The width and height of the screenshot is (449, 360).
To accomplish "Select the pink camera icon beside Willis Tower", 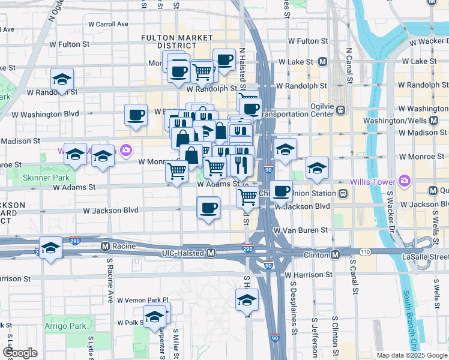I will (x=405, y=181).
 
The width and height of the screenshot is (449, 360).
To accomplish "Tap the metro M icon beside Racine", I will (x=105, y=246).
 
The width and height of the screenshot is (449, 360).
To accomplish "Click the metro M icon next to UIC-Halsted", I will (x=211, y=254).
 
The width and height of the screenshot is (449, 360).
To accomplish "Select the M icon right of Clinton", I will (x=335, y=255).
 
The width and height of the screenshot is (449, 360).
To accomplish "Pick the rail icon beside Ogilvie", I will (x=340, y=110).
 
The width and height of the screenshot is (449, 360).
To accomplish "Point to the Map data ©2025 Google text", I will (x=411, y=355).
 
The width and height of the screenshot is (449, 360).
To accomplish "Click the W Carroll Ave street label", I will (x=108, y=25).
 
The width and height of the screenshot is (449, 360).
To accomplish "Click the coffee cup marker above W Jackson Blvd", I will (x=208, y=208).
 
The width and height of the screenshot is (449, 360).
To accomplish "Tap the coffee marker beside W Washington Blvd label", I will (x=136, y=114).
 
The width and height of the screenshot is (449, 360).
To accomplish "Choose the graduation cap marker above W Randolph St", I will (x=62, y=79).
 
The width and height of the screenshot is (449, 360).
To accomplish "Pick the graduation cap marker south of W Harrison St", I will (x=246, y=300).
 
